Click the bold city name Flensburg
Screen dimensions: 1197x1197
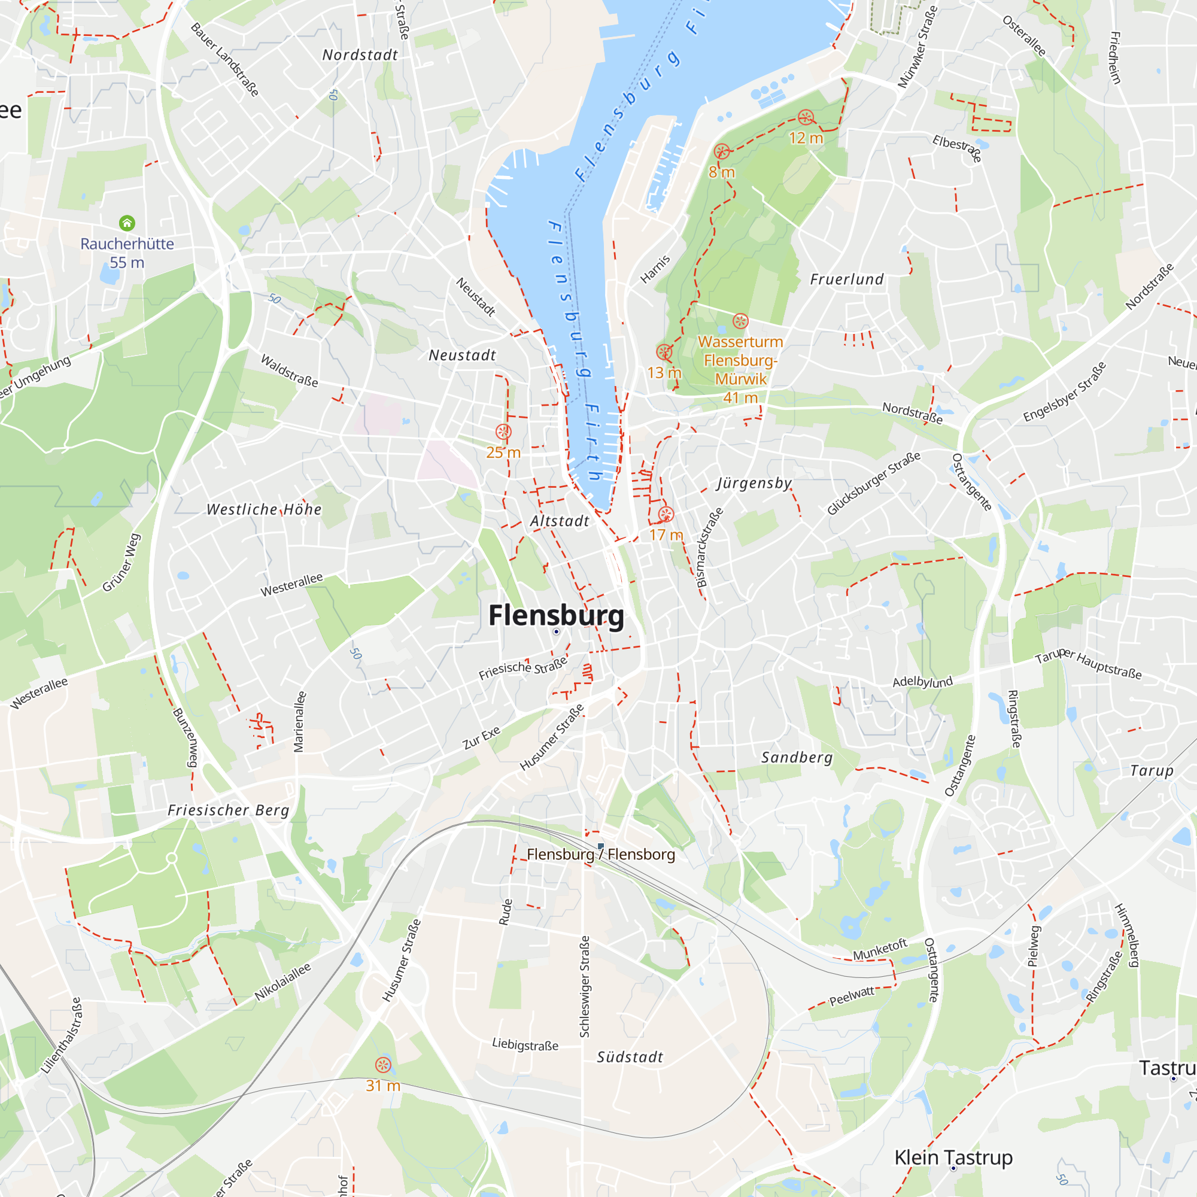(x=556, y=615)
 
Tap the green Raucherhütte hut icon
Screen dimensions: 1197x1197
(x=127, y=223)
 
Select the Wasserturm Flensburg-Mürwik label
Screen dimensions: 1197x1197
(x=740, y=369)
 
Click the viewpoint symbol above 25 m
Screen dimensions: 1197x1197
(x=503, y=432)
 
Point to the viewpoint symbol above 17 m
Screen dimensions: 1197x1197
(x=666, y=514)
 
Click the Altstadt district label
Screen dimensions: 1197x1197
(x=560, y=521)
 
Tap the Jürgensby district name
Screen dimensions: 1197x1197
(x=754, y=482)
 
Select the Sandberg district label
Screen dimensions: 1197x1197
(x=797, y=757)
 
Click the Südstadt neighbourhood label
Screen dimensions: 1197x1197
(x=630, y=1057)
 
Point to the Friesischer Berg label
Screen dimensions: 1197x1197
(x=228, y=810)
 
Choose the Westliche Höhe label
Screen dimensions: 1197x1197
(x=264, y=509)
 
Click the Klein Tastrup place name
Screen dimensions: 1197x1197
(x=953, y=1157)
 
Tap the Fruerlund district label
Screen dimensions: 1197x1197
(x=847, y=279)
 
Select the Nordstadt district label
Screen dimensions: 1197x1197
(x=360, y=55)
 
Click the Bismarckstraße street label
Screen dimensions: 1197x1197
(x=709, y=548)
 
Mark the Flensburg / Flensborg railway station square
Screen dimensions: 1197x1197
(x=600, y=846)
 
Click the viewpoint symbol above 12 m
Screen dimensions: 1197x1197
(x=806, y=117)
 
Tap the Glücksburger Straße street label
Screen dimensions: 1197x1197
(x=874, y=483)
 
